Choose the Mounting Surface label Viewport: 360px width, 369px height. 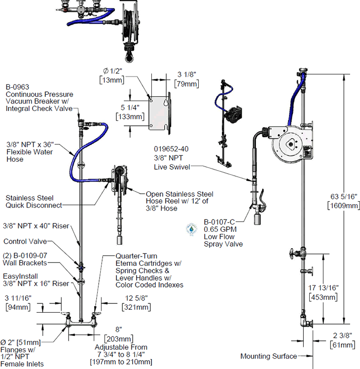[x=269, y=356]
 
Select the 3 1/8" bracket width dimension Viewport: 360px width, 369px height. [x=186, y=74]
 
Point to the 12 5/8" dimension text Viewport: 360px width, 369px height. [x=136, y=298]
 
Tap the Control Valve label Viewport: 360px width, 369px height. [x=25, y=242]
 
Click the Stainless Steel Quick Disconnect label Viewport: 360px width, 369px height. [x=34, y=201]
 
